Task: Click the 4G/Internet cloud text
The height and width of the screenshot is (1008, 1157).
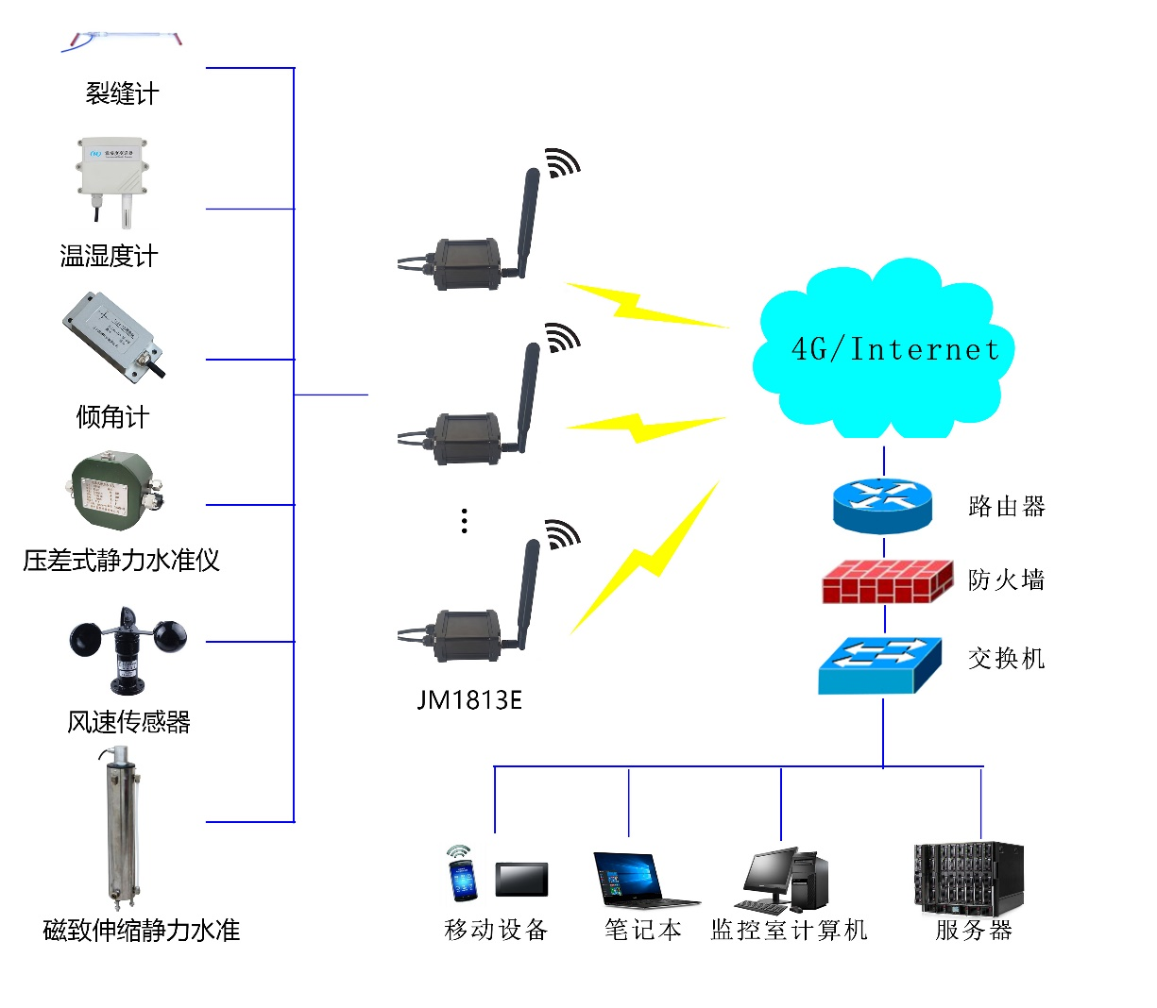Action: [x=894, y=350]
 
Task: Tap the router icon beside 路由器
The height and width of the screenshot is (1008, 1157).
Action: [x=882, y=505]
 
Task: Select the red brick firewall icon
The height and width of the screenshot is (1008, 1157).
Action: [x=886, y=580]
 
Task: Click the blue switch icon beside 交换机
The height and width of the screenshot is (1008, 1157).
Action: [x=879, y=664]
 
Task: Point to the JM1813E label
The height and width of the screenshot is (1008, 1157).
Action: [x=469, y=700]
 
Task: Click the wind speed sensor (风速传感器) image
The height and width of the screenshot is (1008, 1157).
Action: [x=128, y=647]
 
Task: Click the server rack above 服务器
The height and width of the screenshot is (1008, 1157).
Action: [x=968, y=878]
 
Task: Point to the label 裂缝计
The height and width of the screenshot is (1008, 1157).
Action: [x=122, y=94]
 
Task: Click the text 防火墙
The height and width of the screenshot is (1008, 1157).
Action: [x=1006, y=580]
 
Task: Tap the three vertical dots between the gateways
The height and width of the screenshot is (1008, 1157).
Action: [x=464, y=521]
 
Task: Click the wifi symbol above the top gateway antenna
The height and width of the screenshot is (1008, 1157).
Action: [x=563, y=162]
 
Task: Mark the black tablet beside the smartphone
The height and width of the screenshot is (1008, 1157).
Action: [x=521, y=880]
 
